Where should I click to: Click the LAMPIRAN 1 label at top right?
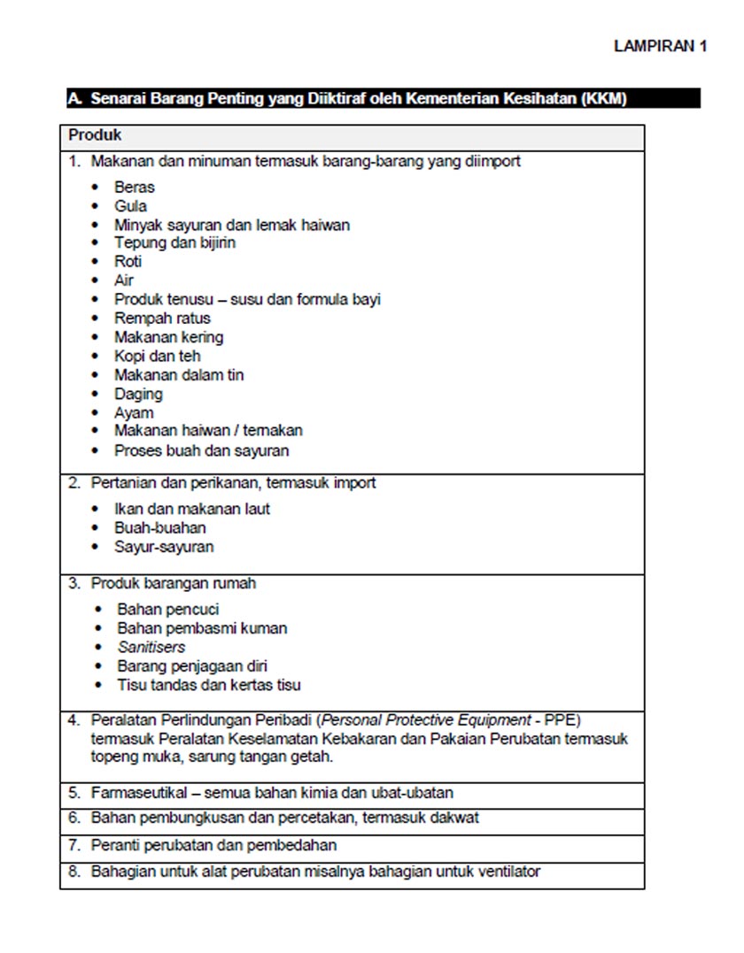tap(660, 47)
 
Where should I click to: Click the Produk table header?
tap(95, 136)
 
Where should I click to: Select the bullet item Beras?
tap(134, 187)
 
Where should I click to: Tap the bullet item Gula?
tap(130, 206)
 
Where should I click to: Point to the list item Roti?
tap(128, 262)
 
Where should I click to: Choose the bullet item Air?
tap(124, 281)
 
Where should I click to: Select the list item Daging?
tap(138, 394)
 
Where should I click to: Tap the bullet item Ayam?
tap(134, 412)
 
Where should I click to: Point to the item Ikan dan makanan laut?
tap(191, 509)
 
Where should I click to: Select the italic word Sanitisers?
tap(151, 647)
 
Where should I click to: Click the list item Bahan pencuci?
tap(167, 610)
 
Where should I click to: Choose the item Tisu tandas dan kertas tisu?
tap(208, 685)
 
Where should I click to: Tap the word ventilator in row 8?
tap(508, 872)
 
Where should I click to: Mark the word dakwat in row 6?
tap(454, 818)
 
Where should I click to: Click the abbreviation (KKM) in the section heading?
tap(604, 99)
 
